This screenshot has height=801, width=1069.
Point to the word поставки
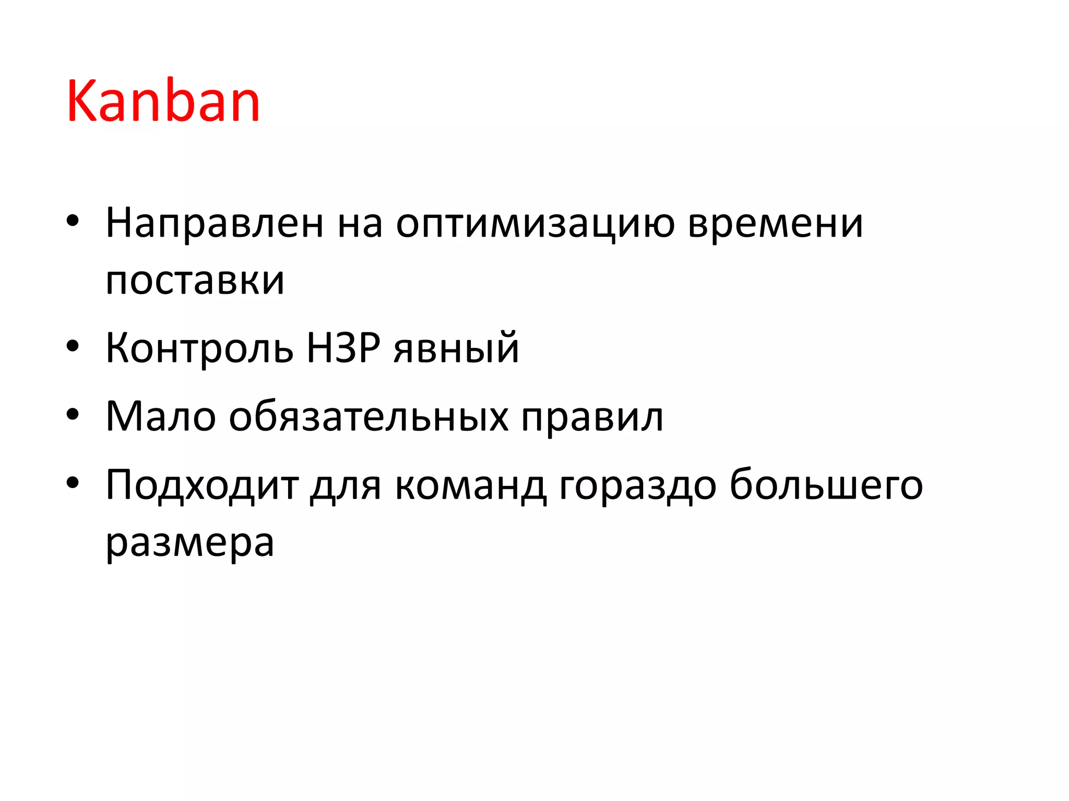pos(195,281)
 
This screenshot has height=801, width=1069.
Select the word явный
pos(456,348)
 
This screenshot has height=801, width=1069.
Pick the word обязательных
pos(369,417)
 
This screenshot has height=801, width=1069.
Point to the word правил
pos(592,418)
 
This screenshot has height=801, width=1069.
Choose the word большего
pos(826,485)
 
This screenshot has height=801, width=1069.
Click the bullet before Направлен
pos(73,221)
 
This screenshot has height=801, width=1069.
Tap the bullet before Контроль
pos(73,345)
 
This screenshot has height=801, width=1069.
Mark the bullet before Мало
pos(73,414)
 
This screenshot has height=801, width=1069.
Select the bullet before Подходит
pos(73,482)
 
